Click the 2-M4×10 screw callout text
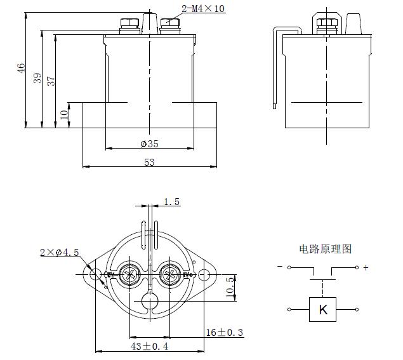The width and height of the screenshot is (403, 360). pos(203,9)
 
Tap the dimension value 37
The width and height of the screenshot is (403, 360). pos(51,81)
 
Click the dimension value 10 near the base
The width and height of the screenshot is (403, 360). pos(64,115)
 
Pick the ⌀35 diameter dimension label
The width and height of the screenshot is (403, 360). pos(149,143)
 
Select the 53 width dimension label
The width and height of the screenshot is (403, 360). pos(149,163)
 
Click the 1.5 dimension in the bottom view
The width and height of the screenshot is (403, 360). pos(172,202)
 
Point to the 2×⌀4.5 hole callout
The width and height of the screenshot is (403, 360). pos(59,252)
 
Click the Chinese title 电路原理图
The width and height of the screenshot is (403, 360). pos(325,249)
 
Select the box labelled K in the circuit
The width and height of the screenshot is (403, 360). pos(323,310)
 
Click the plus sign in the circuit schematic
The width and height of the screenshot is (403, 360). pos(366,268)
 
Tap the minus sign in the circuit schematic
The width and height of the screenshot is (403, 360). pos(280,267)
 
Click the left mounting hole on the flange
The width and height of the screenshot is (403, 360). pos(95,275)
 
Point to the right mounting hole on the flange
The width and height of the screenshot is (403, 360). pos(204,275)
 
